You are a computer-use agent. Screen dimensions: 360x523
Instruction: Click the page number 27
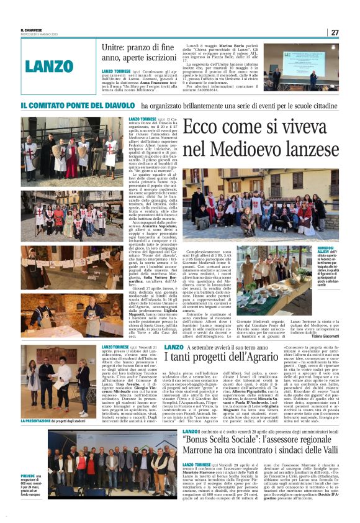334,32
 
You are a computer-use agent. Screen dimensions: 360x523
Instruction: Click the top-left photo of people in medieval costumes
72,150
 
